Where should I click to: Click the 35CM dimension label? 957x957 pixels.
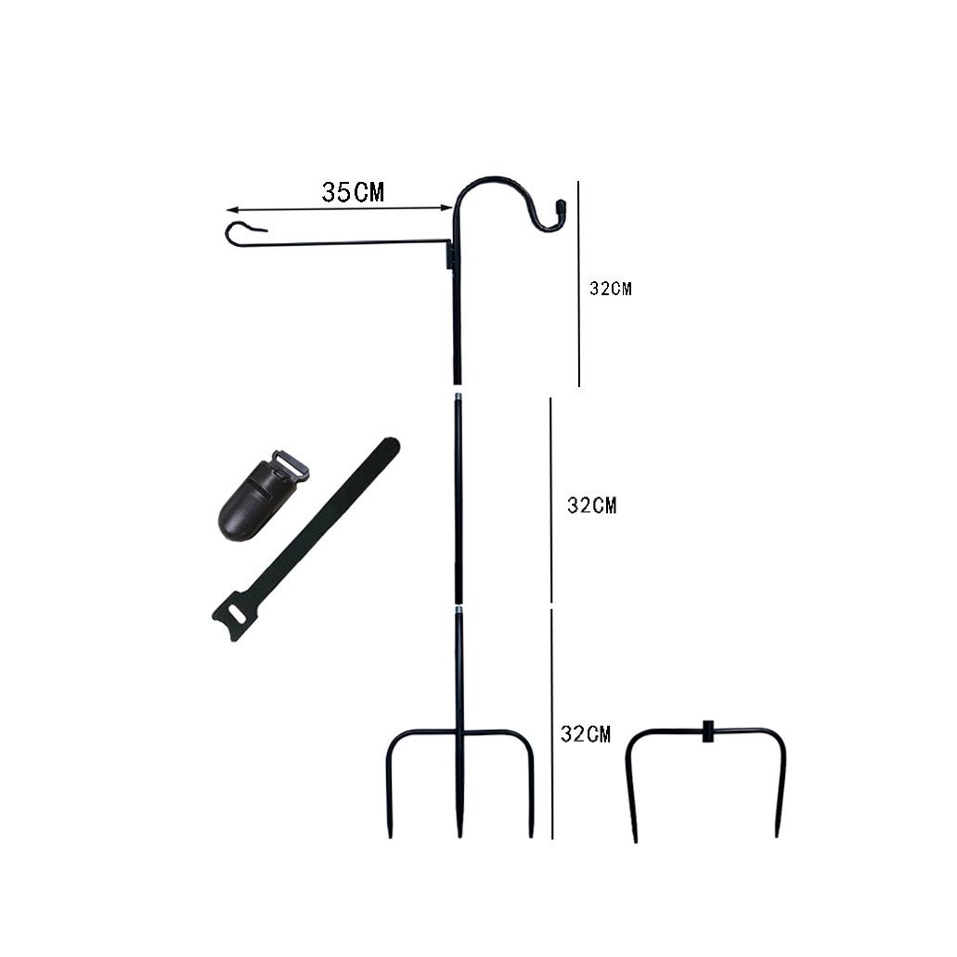353,191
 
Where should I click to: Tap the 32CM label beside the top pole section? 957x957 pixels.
611,289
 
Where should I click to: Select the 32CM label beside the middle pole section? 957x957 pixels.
592,505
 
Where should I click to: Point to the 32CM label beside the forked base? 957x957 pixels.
586,733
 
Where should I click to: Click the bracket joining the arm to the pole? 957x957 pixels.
451,254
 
